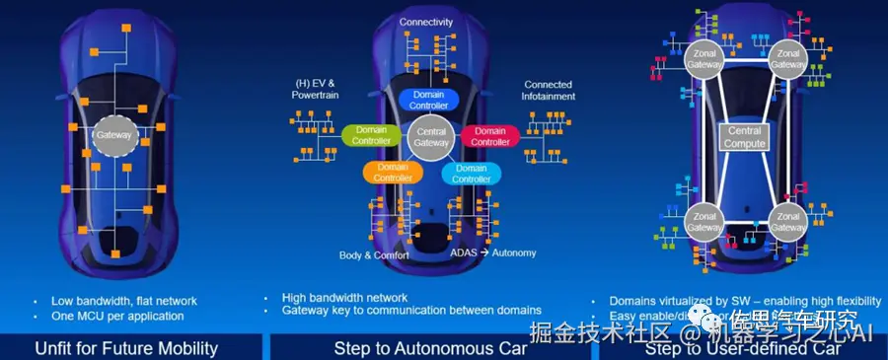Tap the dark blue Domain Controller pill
(x=428, y=99)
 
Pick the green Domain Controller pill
(x=371, y=135)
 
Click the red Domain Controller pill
(x=490, y=136)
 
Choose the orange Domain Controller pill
(x=392, y=173)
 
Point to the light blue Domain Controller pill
(x=471, y=174)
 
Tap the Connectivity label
(x=427, y=22)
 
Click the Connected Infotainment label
(x=548, y=91)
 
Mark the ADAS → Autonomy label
(x=492, y=253)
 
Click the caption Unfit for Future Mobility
(x=126, y=348)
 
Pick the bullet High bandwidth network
(x=343, y=296)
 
